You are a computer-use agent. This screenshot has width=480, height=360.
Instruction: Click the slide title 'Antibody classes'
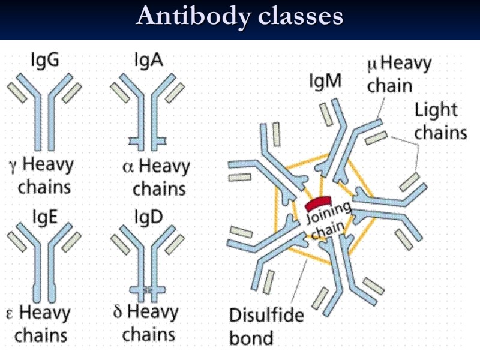coord(239,16)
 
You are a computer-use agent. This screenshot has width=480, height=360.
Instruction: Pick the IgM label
coord(325,81)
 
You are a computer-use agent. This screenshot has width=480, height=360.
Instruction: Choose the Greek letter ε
coord(10,314)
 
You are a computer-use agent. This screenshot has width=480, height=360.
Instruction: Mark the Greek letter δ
coord(118,313)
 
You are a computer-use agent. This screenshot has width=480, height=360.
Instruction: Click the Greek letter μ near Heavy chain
coord(373,62)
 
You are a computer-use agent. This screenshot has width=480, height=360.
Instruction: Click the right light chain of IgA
coord(175,92)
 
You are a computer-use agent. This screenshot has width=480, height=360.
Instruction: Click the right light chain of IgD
coord(175,242)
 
